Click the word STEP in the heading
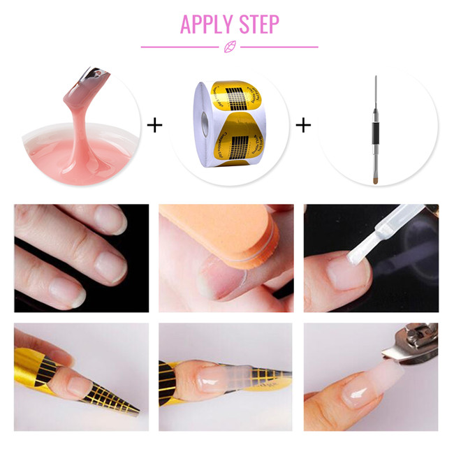[x=256, y=24]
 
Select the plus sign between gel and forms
[x=154, y=125]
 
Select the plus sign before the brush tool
[x=302, y=125]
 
